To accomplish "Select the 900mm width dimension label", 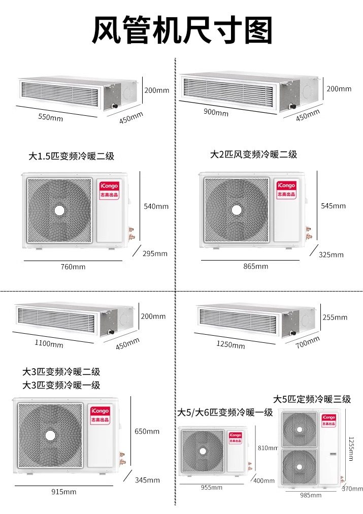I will [x=216, y=112].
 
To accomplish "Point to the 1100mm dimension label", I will [x=49, y=343].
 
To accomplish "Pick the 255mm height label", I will [x=335, y=317].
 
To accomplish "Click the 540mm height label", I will [x=156, y=206].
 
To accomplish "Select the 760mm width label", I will [x=73, y=267].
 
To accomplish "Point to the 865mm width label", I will [x=255, y=266].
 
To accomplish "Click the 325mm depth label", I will [x=331, y=254].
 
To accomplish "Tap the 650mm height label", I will [x=147, y=431].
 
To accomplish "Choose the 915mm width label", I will [x=64, y=492].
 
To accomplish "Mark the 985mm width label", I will [x=311, y=495].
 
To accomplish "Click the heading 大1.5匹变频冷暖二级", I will [x=72, y=156].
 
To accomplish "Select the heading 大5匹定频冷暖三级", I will [x=312, y=399].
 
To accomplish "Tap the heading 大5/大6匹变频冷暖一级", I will [x=225, y=412].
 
